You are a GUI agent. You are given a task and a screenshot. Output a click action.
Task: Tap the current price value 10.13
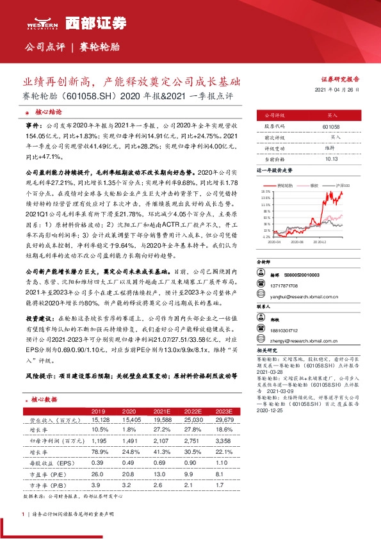332,158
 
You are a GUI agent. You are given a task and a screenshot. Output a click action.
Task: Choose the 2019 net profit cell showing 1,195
97,441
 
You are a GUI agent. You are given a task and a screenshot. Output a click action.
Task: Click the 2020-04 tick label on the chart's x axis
275,242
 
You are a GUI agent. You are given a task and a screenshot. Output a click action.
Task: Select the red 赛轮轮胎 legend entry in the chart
285,184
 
